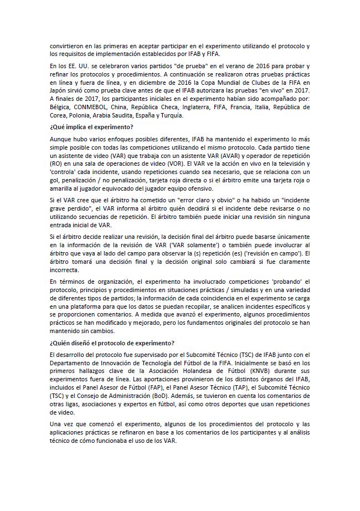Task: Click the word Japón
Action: (59, 91)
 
